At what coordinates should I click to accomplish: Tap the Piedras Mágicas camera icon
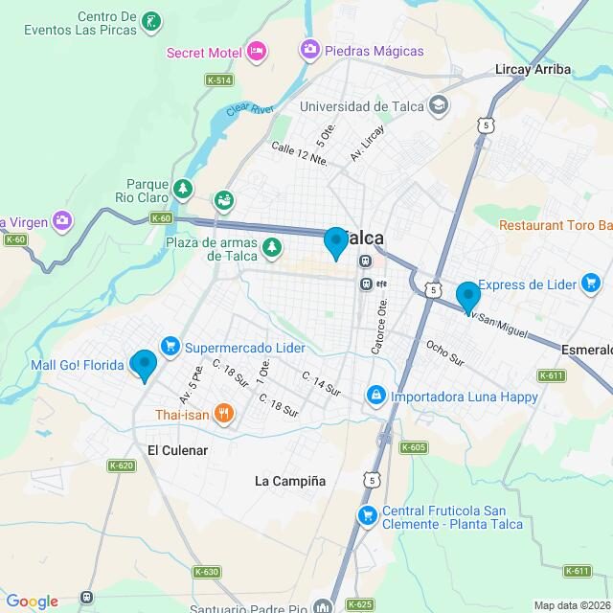tap(309, 49)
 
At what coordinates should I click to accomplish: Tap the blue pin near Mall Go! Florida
tap(144, 365)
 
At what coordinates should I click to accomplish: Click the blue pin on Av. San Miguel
tap(467, 297)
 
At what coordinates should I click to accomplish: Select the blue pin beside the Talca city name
tap(335, 242)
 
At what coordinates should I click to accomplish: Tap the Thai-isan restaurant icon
tap(223, 414)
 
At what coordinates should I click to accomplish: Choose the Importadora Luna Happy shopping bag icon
tap(376, 395)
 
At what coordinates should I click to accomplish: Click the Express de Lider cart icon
tap(595, 284)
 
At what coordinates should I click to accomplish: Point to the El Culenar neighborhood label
tap(177, 449)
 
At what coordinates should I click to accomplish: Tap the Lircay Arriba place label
tap(533, 69)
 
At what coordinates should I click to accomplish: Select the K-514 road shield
tap(219, 80)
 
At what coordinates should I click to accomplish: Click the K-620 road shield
tap(122, 466)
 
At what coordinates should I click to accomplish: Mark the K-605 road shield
tap(414, 447)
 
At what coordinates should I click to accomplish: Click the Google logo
tap(32, 601)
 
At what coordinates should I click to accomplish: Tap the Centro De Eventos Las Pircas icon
tap(150, 20)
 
